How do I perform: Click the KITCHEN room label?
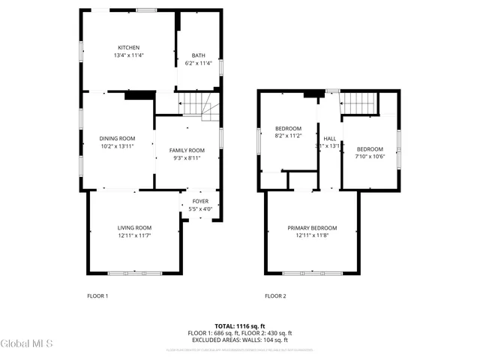coord(128,47)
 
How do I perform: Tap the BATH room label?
coord(198,55)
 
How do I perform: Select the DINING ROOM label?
coord(117,138)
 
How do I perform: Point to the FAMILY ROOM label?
coord(187,150)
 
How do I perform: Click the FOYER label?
coord(200,201)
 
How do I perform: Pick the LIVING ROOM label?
coord(134,228)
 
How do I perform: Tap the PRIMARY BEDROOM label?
coord(312,228)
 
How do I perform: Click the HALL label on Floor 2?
coord(330,139)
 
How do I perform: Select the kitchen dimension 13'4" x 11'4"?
coord(128,55)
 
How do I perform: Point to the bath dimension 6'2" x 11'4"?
coord(198,63)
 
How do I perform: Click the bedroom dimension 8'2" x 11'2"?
coord(288,136)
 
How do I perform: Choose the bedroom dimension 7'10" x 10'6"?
coord(370,157)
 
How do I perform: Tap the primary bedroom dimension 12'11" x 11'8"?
coord(312,236)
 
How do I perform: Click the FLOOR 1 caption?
coord(97,295)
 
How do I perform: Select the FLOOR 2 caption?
coord(275,295)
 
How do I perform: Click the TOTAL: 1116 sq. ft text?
coord(239,325)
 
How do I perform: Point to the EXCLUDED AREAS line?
coord(239,340)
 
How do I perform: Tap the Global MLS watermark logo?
coord(27,344)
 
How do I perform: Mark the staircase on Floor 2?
coord(358,103)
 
